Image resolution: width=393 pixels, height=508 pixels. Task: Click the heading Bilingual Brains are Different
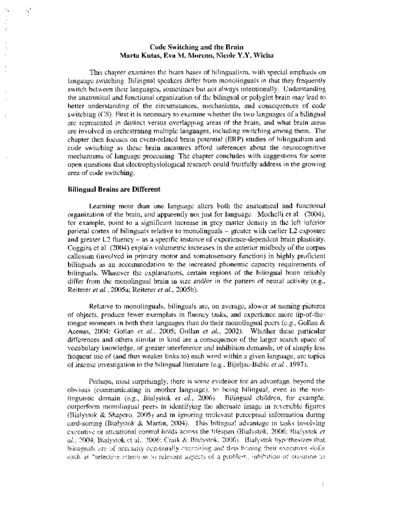[114, 189]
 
